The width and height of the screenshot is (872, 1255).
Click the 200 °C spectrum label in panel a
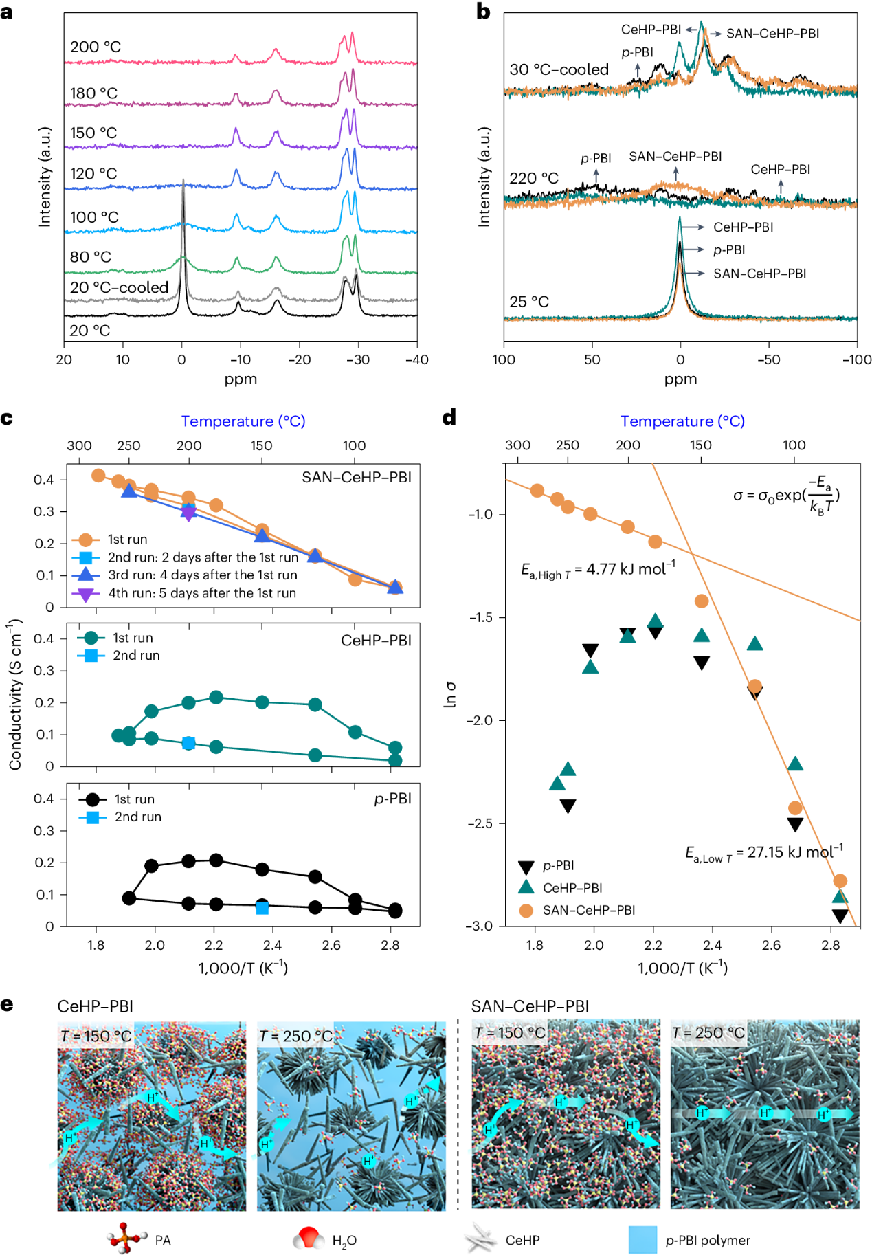(x=96, y=47)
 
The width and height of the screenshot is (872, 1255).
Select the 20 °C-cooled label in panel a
(x=119, y=287)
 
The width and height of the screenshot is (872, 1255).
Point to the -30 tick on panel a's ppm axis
(x=358, y=359)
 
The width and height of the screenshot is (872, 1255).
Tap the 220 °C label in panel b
(x=534, y=178)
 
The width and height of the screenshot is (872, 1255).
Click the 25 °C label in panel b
(x=529, y=302)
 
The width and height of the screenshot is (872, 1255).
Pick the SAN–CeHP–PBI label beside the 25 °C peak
(x=759, y=274)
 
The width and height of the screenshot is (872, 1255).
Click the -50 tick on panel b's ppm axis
(x=768, y=359)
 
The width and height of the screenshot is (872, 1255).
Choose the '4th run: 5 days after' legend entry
(x=201, y=593)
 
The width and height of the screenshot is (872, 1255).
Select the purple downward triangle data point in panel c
(x=189, y=513)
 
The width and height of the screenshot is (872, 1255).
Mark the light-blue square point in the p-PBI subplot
(x=262, y=908)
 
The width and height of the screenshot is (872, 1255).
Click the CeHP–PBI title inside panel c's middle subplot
(x=376, y=641)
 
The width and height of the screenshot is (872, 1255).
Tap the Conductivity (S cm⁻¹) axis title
(x=15, y=694)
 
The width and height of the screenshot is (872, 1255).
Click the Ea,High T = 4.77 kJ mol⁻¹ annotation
(x=598, y=570)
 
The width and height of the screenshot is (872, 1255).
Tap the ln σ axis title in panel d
(x=450, y=694)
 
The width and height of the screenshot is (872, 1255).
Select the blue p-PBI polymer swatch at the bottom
(x=642, y=1239)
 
